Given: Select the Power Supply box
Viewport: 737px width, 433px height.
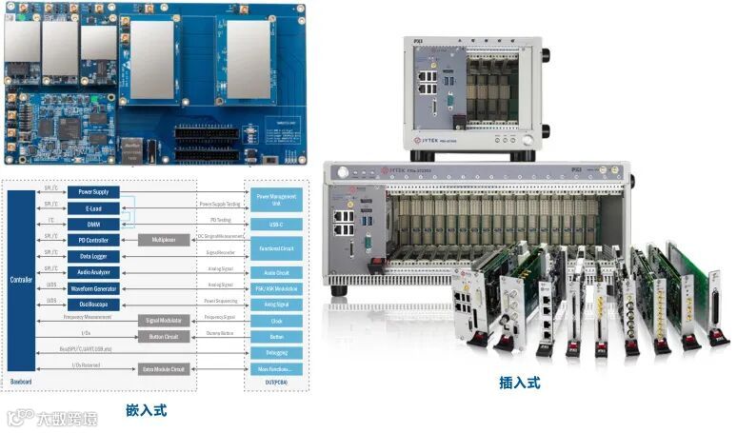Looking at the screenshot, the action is point(92,191).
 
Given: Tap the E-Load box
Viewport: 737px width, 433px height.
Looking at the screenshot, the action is point(92,207).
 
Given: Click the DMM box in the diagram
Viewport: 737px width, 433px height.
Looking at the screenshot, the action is point(92,224).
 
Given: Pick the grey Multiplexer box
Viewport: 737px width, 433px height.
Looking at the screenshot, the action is point(164,240).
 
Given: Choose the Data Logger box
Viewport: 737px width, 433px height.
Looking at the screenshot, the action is point(92,256).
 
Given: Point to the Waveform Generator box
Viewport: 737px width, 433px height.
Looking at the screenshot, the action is point(92,288).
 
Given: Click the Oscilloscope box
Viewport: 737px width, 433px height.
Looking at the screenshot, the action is point(92,305).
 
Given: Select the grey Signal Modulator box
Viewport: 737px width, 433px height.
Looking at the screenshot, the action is point(164,321).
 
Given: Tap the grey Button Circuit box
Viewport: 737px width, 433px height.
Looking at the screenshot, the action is point(164,336).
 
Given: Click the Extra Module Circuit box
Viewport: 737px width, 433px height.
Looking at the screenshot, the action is point(164,368).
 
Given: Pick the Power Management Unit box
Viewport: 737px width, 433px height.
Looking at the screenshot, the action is point(275,199).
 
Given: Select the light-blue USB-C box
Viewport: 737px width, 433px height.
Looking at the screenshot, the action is point(275,225).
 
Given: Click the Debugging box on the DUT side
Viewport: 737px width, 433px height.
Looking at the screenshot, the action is point(275,352).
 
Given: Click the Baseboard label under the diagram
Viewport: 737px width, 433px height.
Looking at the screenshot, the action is point(21,383).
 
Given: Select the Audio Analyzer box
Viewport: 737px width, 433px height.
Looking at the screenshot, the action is point(92,272).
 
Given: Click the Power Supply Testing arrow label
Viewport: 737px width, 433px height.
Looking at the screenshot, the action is point(219,204).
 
